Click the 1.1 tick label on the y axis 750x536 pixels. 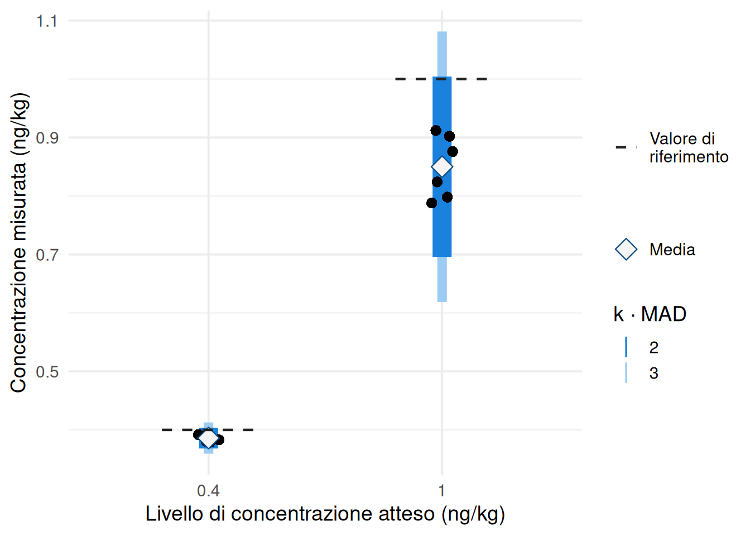pyautogui.click(x=47, y=21)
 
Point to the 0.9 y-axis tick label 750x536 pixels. pyautogui.click(x=47, y=138)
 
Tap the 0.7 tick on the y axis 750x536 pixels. pyautogui.click(x=47, y=255)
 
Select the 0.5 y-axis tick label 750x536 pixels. pyautogui.click(x=47, y=372)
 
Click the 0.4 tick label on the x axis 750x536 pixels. pyautogui.click(x=208, y=491)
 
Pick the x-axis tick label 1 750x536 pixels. pyautogui.click(x=441, y=491)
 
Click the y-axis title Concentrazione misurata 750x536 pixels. pyautogui.click(x=18, y=243)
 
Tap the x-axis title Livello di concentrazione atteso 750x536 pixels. pyautogui.click(x=325, y=514)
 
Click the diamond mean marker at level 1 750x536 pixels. pyautogui.click(x=442, y=166)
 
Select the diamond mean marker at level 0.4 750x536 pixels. pyautogui.click(x=208, y=439)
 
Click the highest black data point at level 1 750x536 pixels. pyautogui.click(x=436, y=131)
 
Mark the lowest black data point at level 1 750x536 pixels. pyautogui.click(x=431, y=203)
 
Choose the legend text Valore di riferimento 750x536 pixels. pyautogui.click(x=689, y=147)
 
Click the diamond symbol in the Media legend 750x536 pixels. pyautogui.click(x=626, y=250)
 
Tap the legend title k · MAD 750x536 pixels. pyautogui.click(x=650, y=314)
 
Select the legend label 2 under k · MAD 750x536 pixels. pyautogui.click(x=654, y=347)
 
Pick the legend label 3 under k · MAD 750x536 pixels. pyautogui.click(x=654, y=373)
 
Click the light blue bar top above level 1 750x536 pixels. pyautogui.click(x=442, y=33)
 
